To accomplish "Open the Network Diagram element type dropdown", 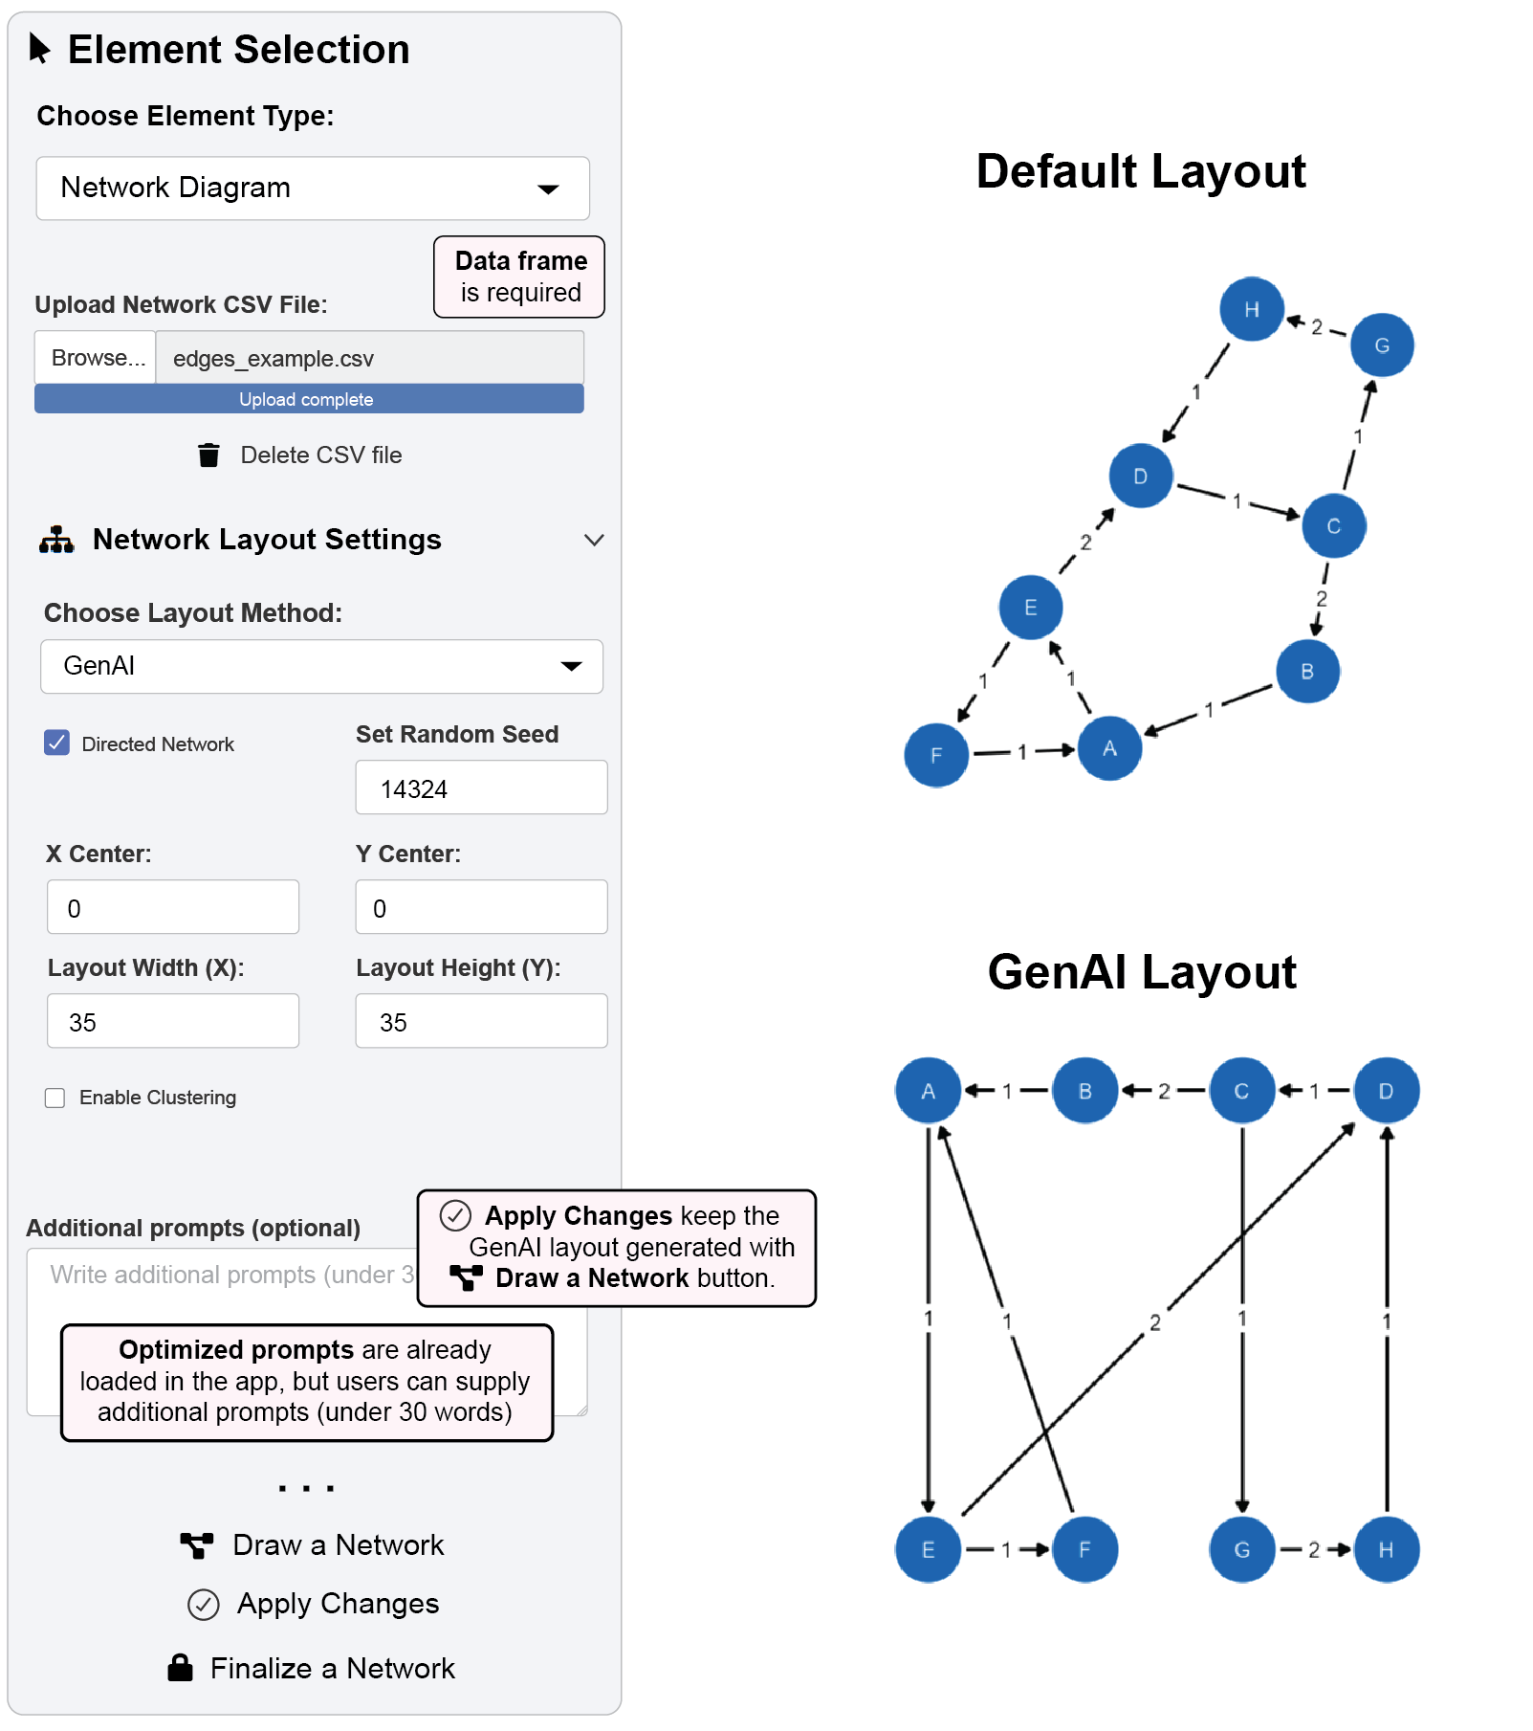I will (x=312, y=189).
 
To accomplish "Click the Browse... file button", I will (x=96, y=358).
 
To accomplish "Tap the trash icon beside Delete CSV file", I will (x=208, y=455).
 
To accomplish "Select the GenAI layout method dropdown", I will (x=321, y=666).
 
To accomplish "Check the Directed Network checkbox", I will (x=57, y=743).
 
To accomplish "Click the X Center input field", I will (x=173, y=907).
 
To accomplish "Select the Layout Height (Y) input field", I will (x=481, y=1021).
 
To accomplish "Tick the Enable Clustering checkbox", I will (x=55, y=1098).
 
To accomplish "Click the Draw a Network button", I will (x=313, y=1545).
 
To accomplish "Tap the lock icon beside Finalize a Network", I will (x=180, y=1668).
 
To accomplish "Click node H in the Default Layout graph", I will (x=1251, y=309).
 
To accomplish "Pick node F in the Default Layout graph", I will (x=935, y=755).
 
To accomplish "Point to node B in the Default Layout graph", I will (x=1306, y=672).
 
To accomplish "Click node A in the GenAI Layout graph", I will (x=928, y=1091).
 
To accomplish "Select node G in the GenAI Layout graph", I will (x=1241, y=1549).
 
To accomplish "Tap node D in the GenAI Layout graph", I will (x=1386, y=1091).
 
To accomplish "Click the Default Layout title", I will (x=1140, y=172).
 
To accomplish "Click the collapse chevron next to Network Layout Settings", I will (x=594, y=541).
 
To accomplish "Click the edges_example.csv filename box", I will (x=369, y=358).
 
